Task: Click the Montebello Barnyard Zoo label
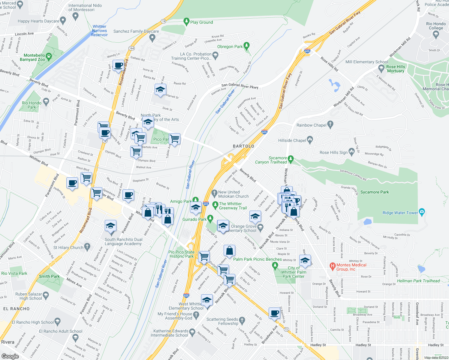click(34, 57)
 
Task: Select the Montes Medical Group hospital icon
click(332, 266)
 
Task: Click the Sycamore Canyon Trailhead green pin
click(290, 158)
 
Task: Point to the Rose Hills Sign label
click(333, 152)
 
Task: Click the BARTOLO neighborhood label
click(243, 146)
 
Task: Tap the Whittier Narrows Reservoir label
click(99, 31)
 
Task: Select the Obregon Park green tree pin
click(247, 46)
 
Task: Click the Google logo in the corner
click(10, 356)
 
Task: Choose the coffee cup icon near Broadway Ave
click(274, 313)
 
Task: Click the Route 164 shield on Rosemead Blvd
click(131, 48)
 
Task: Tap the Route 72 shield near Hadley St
click(286, 329)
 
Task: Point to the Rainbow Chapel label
click(311, 125)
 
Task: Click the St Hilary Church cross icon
click(87, 247)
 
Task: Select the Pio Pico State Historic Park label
click(181, 254)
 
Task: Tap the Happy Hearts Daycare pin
click(63, 20)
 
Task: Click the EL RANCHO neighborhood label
click(17, 309)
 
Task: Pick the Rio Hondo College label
click(436, 26)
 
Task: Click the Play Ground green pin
click(186, 22)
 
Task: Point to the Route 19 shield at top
click(163, 21)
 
